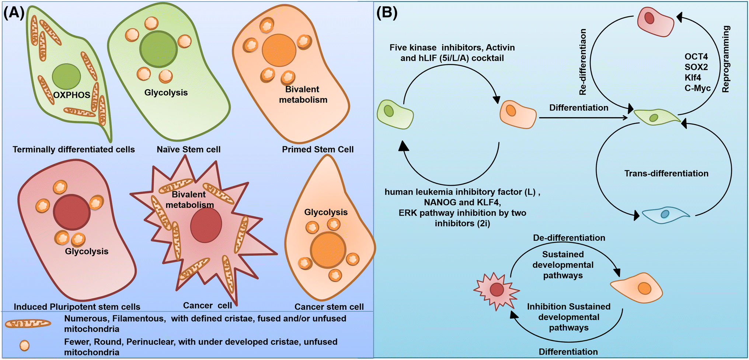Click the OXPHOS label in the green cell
(72, 95)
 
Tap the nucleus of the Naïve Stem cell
(158, 49)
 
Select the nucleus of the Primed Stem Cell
(279, 50)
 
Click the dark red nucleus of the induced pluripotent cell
(72, 213)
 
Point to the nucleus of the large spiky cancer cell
(206, 224)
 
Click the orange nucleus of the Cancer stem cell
(328, 250)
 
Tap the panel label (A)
(14, 13)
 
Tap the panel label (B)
(387, 13)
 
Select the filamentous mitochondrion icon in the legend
(28, 324)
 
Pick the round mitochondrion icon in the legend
(24, 346)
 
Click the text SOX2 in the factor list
(696, 67)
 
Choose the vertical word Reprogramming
(725, 59)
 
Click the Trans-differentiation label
(666, 174)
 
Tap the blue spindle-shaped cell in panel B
(665, 214)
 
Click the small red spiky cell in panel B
(497, 290)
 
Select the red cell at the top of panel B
(655, 21)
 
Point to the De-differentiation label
(569, 238)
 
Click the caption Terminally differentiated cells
(74, 150)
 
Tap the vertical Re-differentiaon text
(583, 62)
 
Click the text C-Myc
(697, 88)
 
